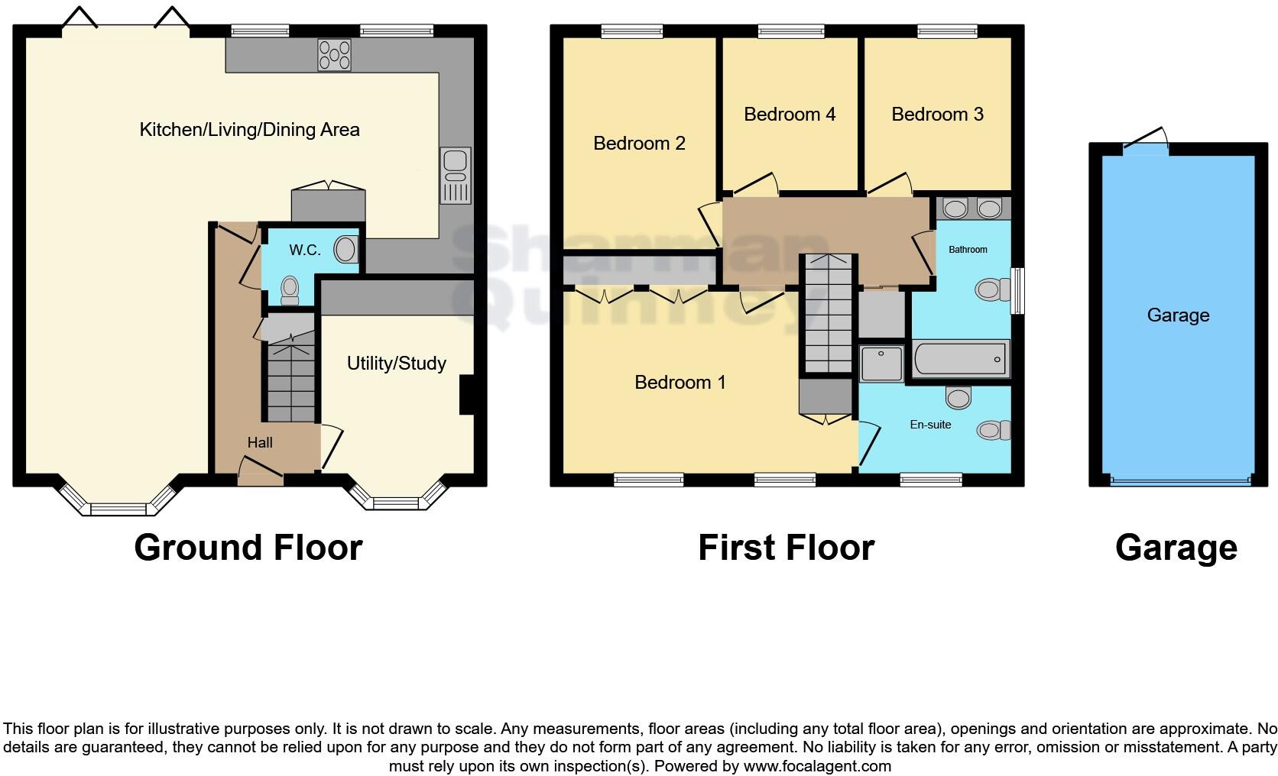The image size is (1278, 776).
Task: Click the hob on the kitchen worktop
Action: click(334, 54)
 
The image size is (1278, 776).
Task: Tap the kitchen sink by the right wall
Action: click(456, 176)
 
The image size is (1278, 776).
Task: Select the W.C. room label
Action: click(304, 250)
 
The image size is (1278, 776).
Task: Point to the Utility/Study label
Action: click(396, 364)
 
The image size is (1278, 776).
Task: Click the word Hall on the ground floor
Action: click(260, 442)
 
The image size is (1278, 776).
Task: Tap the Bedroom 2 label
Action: click(639, 143)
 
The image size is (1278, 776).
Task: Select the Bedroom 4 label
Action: click(789, 115)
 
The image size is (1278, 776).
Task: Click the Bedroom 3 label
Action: click(937, 115)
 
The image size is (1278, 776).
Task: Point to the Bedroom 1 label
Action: click(680, 382)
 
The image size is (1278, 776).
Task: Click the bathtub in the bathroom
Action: click(960, 359)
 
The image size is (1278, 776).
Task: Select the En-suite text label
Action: click(930, 425)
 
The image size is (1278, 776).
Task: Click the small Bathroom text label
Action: click(968, 250)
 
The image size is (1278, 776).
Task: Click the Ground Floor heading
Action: click(248, 548)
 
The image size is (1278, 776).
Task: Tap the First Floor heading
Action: click(786, 548)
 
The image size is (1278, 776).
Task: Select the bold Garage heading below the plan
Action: click(1176, 548)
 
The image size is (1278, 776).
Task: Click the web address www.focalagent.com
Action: click(817, 765)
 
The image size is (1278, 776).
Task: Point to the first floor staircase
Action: click(826, 313)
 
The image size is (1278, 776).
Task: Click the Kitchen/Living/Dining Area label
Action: click(249, 130)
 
